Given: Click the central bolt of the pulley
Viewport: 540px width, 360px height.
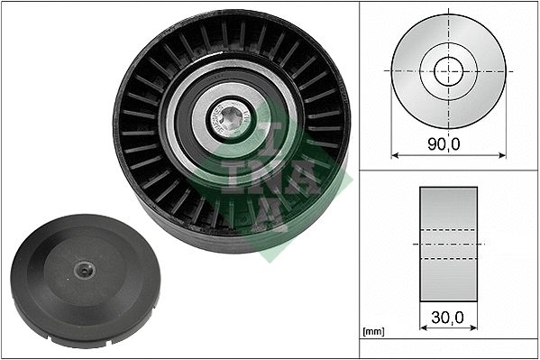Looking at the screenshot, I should pyautogui.click(x=232, y=117).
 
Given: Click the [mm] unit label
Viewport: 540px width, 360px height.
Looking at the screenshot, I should pyautogui.click(x=371, y=332).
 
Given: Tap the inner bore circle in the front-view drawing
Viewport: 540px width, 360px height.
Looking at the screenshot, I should pyautogui.click(x=447, y=70).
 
